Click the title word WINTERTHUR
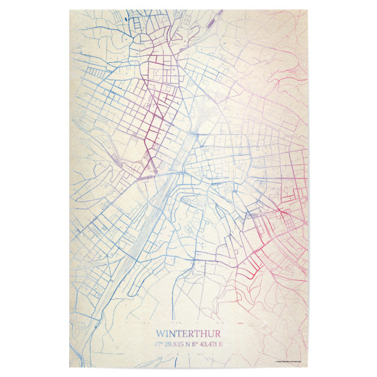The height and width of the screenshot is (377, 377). pyautogui.click(x=188, y=334)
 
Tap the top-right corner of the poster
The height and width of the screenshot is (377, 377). pyautogui.click(x=308, y=10)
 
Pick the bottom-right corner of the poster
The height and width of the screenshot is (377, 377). pyautogui.click(x=308, y=368)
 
